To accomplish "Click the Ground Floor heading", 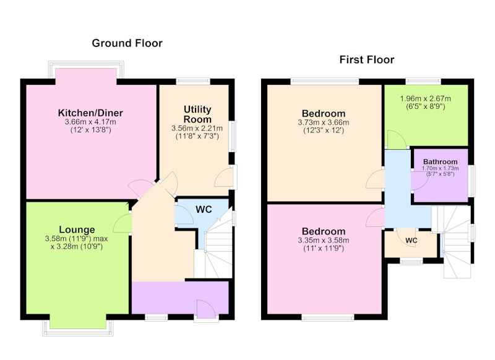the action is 127,43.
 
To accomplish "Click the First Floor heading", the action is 366,59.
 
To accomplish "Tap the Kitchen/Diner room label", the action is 90,113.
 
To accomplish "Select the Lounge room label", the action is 77,229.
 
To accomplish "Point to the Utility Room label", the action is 197,114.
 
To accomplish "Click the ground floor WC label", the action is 204,210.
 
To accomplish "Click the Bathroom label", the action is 440,162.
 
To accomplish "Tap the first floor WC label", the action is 411,241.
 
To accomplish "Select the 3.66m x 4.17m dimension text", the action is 90,122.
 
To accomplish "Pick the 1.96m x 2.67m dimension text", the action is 425,98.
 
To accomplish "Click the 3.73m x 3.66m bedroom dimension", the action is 323,122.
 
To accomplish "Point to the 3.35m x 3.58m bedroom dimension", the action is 323,241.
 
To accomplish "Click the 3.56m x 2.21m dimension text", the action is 197,129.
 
